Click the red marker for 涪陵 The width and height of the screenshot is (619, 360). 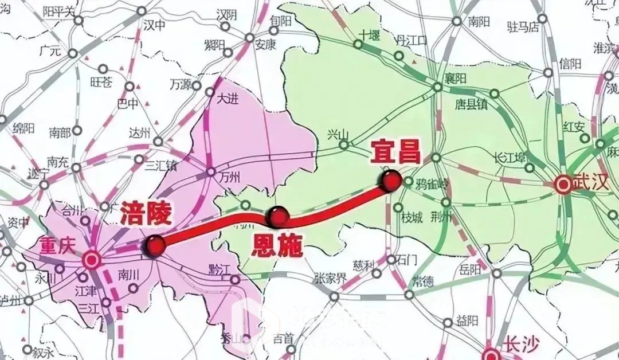coord(155,245)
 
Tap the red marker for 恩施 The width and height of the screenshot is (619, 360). coord(278,216)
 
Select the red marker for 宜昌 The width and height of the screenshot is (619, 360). coord(391,180)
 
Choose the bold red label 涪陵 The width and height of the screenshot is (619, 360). coord(146,215)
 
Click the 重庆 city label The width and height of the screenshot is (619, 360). coord(57,245)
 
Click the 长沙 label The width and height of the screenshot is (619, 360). coord(520,345)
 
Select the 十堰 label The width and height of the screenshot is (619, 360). coord(367,35)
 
